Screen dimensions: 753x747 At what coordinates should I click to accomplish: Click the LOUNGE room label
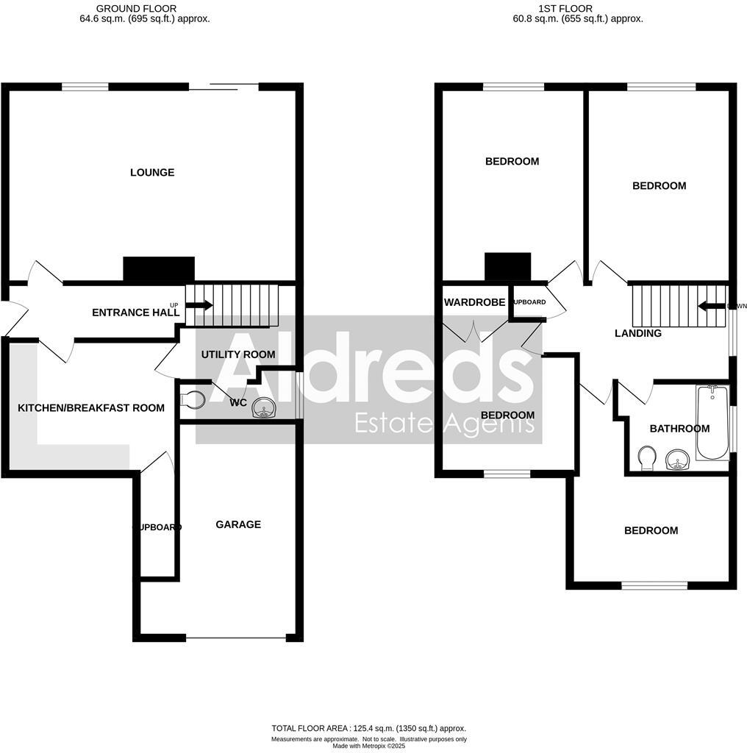coord(152,173)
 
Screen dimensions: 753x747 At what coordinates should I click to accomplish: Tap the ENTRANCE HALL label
coord(135,313)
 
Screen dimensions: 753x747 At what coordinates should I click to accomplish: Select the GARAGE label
coord(238,524)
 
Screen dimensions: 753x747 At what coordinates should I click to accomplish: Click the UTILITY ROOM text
coord(238,354)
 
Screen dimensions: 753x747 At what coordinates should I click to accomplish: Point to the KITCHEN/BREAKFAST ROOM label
coord(91,408)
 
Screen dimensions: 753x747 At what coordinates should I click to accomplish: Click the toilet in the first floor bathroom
coord(647,458)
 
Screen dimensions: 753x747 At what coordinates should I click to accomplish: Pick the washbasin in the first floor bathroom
coord(676,461)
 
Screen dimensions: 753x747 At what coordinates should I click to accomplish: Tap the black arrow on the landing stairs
coord(711,306)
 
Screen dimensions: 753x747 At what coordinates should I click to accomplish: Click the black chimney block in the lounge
coord(159,269)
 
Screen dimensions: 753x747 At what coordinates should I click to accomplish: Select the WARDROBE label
coord(474,302)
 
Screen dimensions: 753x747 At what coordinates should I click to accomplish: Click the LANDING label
coord(637,333)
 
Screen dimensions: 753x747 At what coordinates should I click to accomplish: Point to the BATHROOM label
coord(679,429)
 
